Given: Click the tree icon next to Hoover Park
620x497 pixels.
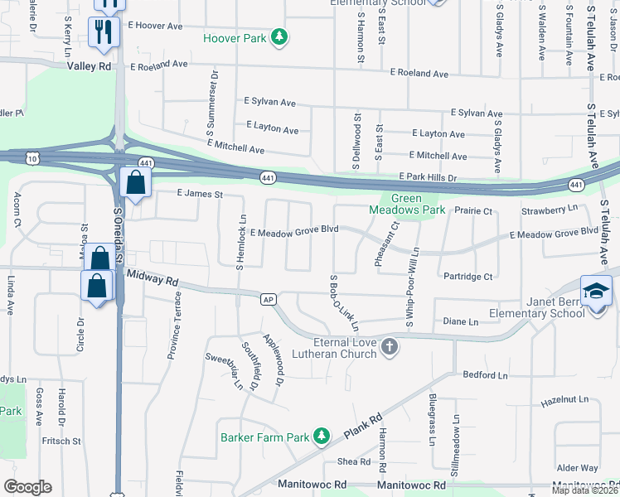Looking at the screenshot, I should pos(281,36).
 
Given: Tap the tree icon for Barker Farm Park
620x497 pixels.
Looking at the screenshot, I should pos(322,437).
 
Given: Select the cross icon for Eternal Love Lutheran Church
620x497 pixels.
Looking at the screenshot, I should pos(390,350).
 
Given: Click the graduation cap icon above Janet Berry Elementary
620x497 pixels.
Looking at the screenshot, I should pos(597,291).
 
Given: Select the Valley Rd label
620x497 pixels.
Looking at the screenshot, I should pos(90,65).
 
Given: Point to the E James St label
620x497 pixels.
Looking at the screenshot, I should pos(201,194).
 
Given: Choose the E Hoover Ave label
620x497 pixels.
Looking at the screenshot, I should pos(155,27).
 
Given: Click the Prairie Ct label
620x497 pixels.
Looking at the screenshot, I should pos(473,210).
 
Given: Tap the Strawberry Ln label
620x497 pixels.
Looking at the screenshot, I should pos(549,210).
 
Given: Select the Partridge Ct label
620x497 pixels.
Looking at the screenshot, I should pos(468,276).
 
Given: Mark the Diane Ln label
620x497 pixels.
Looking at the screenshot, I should pos(462,321).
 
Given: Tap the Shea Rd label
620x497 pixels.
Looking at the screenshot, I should pos(353,461).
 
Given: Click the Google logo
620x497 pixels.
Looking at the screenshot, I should pos(27,487).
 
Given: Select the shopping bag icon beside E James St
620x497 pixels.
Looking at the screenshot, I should pos(135,182).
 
